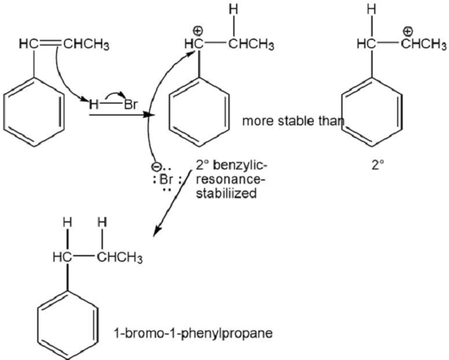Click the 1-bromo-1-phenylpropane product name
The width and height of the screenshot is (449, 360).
193,334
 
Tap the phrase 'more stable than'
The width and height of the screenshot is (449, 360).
293,121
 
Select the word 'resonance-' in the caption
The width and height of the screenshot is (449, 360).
230,180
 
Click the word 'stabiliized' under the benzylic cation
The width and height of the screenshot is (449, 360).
226,193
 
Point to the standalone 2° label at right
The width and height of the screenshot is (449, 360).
378,165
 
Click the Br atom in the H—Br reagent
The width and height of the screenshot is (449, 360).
131,105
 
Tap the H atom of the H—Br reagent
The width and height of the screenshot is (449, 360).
93,105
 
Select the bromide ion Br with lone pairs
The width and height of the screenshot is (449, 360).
167,180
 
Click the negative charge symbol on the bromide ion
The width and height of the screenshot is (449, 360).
156,166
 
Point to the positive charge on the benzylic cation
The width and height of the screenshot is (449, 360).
198,30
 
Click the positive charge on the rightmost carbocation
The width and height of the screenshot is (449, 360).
408,30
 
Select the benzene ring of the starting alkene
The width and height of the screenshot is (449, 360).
34,111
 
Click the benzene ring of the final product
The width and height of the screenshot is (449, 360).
68,325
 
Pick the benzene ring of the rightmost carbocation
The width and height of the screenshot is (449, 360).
372,111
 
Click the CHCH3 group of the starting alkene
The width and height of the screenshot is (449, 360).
86,45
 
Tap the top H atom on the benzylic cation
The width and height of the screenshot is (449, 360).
234,11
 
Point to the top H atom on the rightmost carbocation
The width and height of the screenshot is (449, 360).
372,11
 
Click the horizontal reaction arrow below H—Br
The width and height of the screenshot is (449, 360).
122,115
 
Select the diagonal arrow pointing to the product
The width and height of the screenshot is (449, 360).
173,204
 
